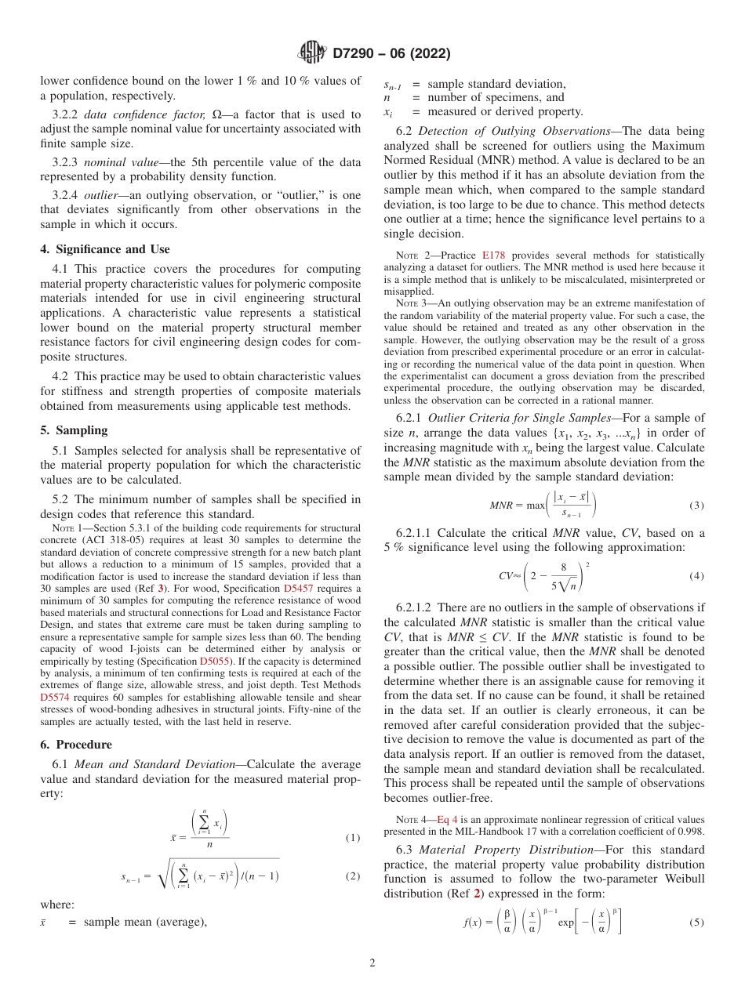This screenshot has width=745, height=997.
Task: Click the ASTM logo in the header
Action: [x=313, y=54]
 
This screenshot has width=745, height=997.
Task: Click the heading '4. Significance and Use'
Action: [x=104, y=249]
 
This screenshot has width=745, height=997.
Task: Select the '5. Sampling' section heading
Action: [x=74, y=430]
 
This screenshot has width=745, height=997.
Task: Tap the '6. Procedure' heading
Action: [x=76, y=745]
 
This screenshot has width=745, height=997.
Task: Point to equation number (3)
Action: [x=696, y=506]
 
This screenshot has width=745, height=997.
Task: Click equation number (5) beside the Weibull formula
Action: [x=696, y=923]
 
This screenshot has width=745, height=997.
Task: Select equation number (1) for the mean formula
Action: [x=353, y=838]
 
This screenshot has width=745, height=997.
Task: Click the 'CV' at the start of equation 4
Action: [x=505, y=576]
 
